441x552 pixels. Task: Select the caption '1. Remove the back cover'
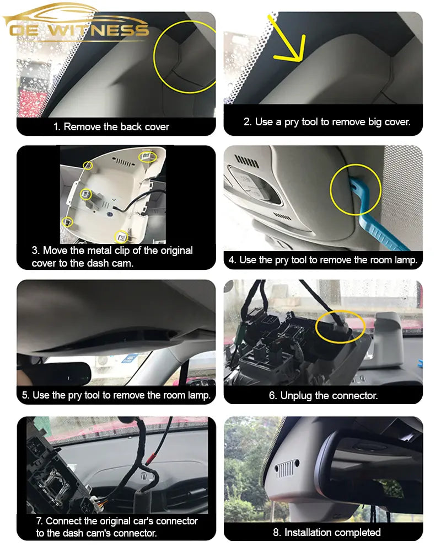[x=111, y=126]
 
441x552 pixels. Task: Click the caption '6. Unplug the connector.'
[x=323, y=395]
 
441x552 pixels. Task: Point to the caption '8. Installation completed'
[x=327, y=532]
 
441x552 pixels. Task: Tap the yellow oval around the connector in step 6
[x=340, y=325]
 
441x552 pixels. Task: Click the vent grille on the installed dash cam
[x=286, y=469]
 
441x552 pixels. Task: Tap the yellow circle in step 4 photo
[x=355, y=189]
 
